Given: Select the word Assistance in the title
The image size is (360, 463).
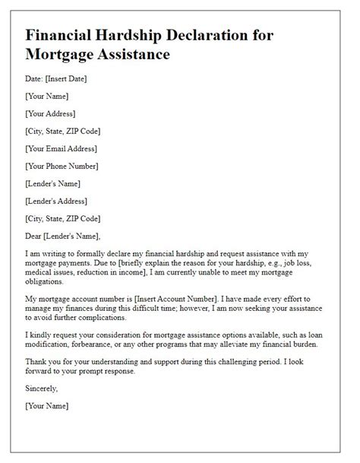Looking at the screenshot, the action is pos(128,55).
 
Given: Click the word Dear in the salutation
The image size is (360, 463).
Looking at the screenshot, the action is pos(35,235).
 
